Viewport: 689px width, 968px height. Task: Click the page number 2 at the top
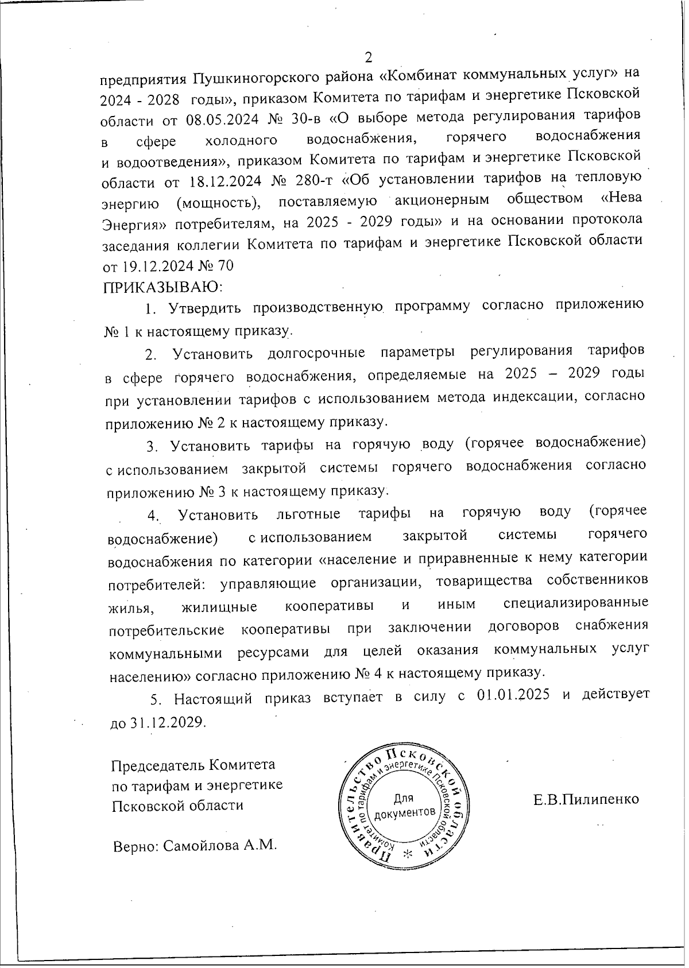[369, 57]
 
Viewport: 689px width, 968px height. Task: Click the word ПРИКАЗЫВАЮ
[162, 285]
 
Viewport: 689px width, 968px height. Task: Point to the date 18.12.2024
[224, 180]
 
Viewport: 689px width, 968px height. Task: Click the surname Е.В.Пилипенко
[586, 799]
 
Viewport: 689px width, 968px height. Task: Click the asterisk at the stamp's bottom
[408, 853]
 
